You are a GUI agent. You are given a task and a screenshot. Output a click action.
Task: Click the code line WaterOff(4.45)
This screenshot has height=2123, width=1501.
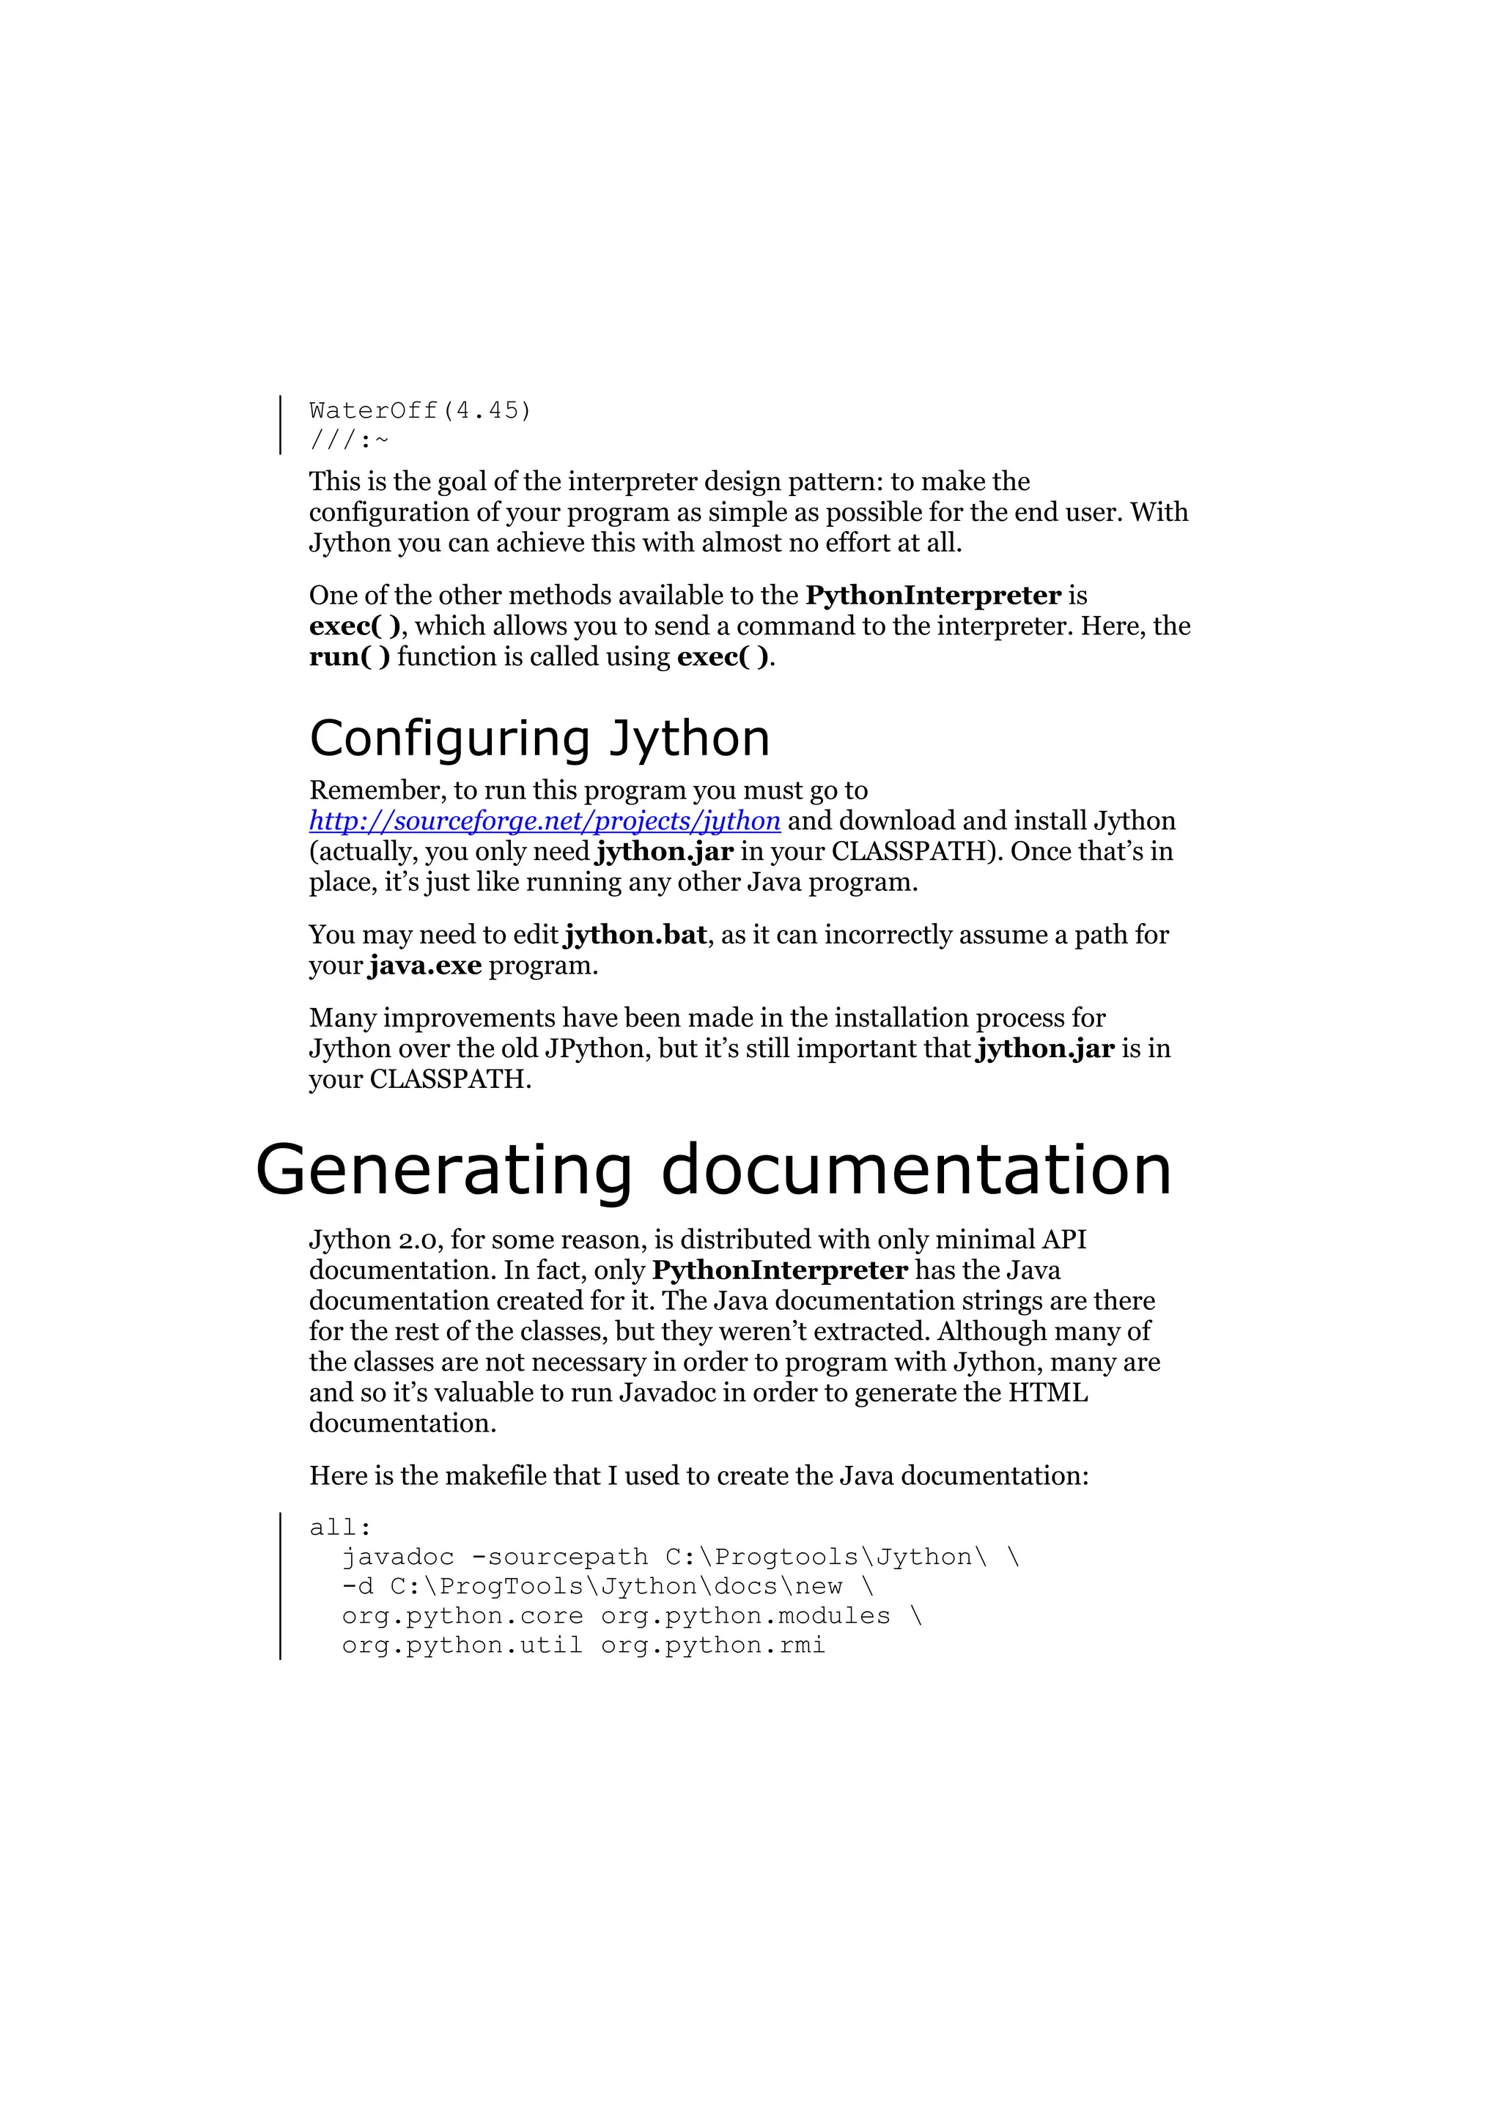(420, 410)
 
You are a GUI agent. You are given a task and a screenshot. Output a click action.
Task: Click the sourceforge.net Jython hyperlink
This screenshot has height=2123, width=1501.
(544, 821)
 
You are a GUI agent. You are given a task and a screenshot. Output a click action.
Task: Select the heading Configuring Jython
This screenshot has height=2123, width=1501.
(539, 738)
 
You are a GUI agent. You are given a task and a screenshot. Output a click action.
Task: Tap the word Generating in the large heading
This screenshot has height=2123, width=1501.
(443, 1170)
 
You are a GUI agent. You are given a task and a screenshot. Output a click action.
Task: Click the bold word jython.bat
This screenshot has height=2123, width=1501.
(635, 935)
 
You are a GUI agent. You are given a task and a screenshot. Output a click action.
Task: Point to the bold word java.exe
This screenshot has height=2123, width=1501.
(425, 966)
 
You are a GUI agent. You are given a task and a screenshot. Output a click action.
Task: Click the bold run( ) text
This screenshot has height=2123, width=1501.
(350, 656)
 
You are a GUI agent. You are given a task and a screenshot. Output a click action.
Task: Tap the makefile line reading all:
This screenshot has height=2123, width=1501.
(339, 1527)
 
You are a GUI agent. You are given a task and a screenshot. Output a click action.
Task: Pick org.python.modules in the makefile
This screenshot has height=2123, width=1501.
(745, 1616)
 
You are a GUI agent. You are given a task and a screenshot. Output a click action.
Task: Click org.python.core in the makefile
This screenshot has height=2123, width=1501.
(462, 1616)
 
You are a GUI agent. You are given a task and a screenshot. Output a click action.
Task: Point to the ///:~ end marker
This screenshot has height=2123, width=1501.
(349, 440)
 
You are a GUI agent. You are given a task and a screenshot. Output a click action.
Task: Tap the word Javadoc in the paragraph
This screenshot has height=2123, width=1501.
(666, 1393)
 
